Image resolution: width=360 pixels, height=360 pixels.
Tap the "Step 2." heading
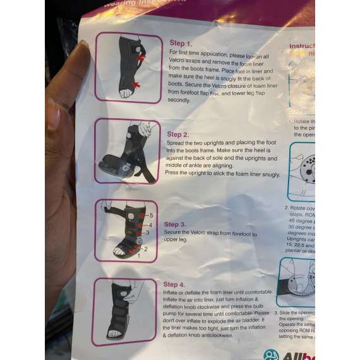coord(177,134)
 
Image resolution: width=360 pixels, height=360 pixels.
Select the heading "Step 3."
coord(175,224)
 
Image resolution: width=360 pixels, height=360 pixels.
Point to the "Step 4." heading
coord(174,284)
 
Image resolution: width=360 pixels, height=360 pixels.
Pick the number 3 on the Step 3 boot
coord(147,232)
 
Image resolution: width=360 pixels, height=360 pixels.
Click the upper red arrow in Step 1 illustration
coord(140,57)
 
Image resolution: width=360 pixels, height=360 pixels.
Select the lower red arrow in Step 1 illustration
coord(135,84)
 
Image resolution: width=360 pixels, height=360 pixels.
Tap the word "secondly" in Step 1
coord(179,100)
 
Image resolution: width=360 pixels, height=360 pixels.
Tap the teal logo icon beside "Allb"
coord(271,355)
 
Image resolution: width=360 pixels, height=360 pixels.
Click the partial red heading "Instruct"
coord(301,46)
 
